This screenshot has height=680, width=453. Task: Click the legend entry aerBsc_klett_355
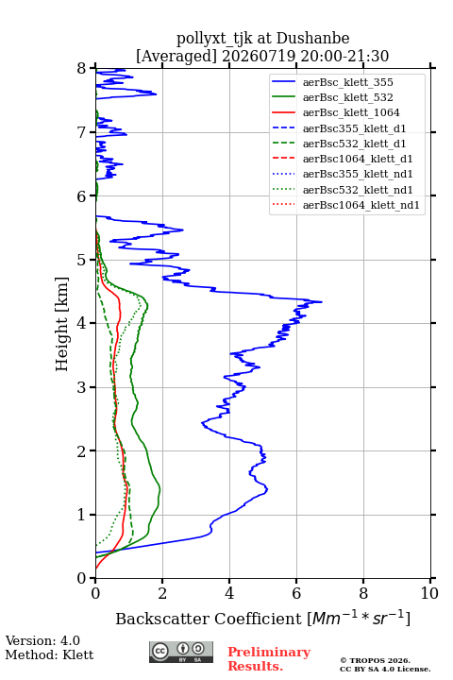pyautogui.click(x=347, y=82)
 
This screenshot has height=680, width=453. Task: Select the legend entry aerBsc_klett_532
pyautogui.click(x=347, y=97)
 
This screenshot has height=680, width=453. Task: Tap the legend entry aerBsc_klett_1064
pyautogui.click(x=351, y=112)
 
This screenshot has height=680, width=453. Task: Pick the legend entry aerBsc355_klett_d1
pyautogui.click(x=354, y=128)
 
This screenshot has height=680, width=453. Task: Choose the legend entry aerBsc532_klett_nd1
pyautogui.click(x=358, y=190)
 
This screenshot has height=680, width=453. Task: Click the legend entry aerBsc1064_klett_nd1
pyautogui.click(x=361, y=205)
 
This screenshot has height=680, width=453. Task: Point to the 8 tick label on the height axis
pyautogui.click(x=82, y=69)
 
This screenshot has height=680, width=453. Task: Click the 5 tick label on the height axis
pyautogui.click(x=82, y=261)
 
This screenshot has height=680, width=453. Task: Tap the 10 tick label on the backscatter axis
pyautogui.click(x=429, y=593)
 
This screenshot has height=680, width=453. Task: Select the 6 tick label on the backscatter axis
pyautogui.click(x=296, y=593)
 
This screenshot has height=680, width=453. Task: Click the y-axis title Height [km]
pyautogui.click(x=62, y=324)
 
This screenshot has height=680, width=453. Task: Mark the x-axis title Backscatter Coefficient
pyautogui.click(x=209, y=619)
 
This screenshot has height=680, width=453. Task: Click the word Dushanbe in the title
pyautogui.click(x=312, y=39)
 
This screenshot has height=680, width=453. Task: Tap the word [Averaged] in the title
pyautogui.click(x=176, y=56)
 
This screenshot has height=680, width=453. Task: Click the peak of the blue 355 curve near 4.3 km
pyautogui.click(x=322, y=302)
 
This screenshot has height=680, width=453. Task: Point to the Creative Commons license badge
pyautogui.click(x=181, y=652)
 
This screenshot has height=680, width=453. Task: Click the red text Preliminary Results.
pyautogui.click(x=269, y=659)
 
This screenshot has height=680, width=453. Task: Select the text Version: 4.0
pyautogui.click(x=42, y=640)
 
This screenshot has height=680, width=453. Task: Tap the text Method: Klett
pyautogui.click(x=49, y=654)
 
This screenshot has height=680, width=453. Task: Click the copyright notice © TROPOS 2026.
pyautogui.click(x=375, y=660)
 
